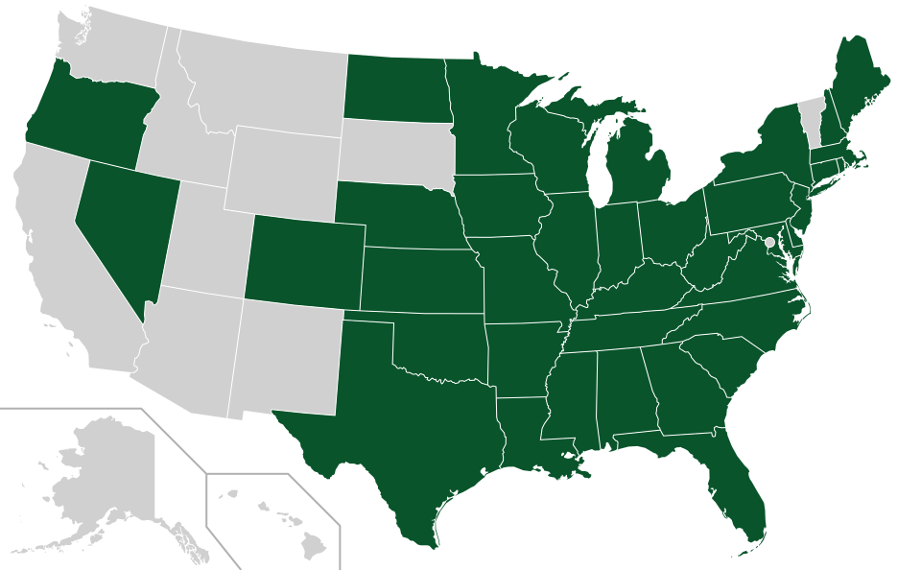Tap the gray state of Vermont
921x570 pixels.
coord(813,115)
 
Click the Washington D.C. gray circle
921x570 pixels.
coord(768,241)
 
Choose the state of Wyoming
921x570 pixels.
coord(284,173)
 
